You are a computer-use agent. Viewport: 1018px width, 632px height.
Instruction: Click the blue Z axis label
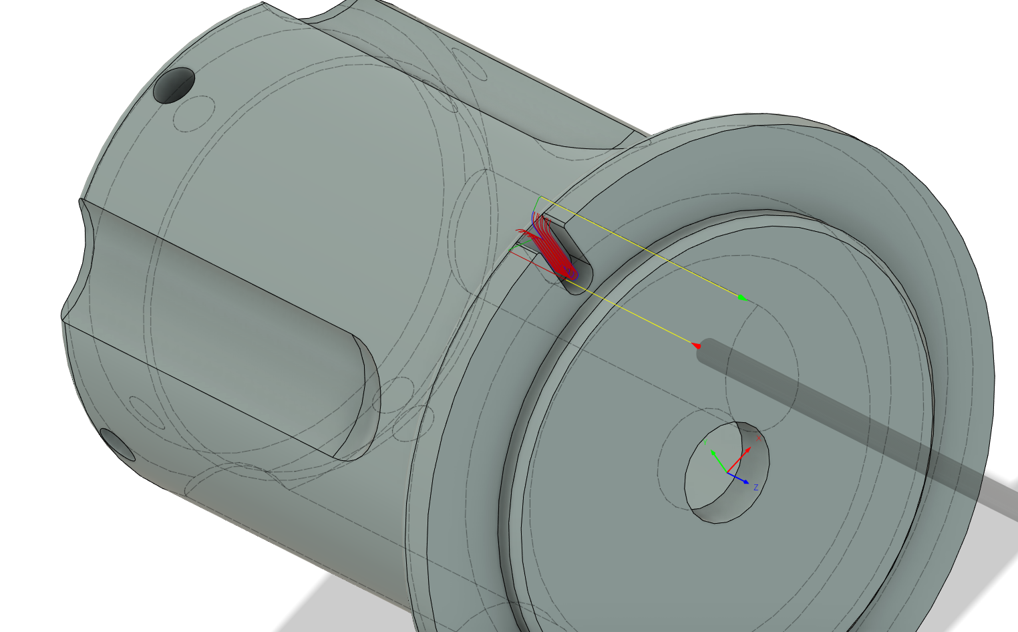point(755,488)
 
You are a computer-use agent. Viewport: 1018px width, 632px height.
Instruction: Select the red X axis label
point(759,438)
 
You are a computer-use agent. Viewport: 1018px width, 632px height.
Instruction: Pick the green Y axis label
point(705,441)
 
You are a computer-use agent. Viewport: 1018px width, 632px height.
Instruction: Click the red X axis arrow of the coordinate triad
point(741,458)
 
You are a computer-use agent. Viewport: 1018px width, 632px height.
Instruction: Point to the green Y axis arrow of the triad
point(717,460)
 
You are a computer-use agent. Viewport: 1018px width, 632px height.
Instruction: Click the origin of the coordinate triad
point(727,472)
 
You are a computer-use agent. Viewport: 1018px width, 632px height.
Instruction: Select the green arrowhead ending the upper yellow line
point(742,298)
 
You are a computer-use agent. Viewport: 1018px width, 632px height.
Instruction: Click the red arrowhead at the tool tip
point(695,345)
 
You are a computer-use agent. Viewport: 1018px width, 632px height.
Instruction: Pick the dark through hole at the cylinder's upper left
point(174,86)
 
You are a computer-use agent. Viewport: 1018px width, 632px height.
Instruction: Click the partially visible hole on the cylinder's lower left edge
point(118,445)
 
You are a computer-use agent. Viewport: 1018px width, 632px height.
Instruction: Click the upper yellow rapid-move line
point(641,248)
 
